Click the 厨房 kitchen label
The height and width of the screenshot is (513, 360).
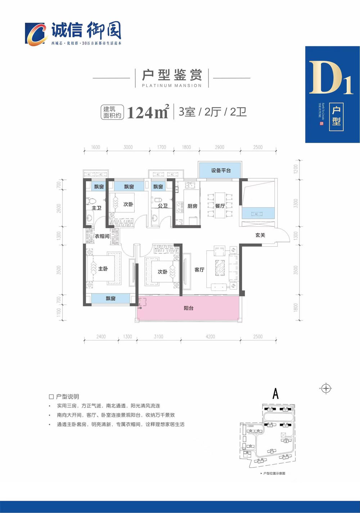pos(192,206)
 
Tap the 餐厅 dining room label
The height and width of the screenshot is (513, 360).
pos(220,206)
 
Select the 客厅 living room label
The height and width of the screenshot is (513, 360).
pos(199,270)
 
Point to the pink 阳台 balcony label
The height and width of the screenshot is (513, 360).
pos(189,308)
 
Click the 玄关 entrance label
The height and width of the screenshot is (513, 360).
pos(260,235)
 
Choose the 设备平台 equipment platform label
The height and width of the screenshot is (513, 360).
pos(221,170)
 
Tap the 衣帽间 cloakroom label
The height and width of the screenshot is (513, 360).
pos(102,236)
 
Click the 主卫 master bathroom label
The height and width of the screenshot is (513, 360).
pos(96,208)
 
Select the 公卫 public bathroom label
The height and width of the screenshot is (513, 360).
pos(163,206)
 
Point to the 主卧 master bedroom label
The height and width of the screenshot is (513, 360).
pos(103,269)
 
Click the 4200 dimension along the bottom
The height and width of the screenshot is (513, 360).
pos(210,337)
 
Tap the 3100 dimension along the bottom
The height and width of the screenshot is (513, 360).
pos(158,337)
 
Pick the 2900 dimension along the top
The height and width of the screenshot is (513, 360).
pos(219,147)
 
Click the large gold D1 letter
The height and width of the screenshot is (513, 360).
pos(330,79)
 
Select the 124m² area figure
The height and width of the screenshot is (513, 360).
pos(148,112)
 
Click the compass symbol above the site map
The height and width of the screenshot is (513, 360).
pos(326,388)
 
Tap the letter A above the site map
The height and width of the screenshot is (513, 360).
pos(275,394)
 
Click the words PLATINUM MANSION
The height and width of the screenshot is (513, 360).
pos(172,86)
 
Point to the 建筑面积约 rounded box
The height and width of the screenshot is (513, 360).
pos(112,112)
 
